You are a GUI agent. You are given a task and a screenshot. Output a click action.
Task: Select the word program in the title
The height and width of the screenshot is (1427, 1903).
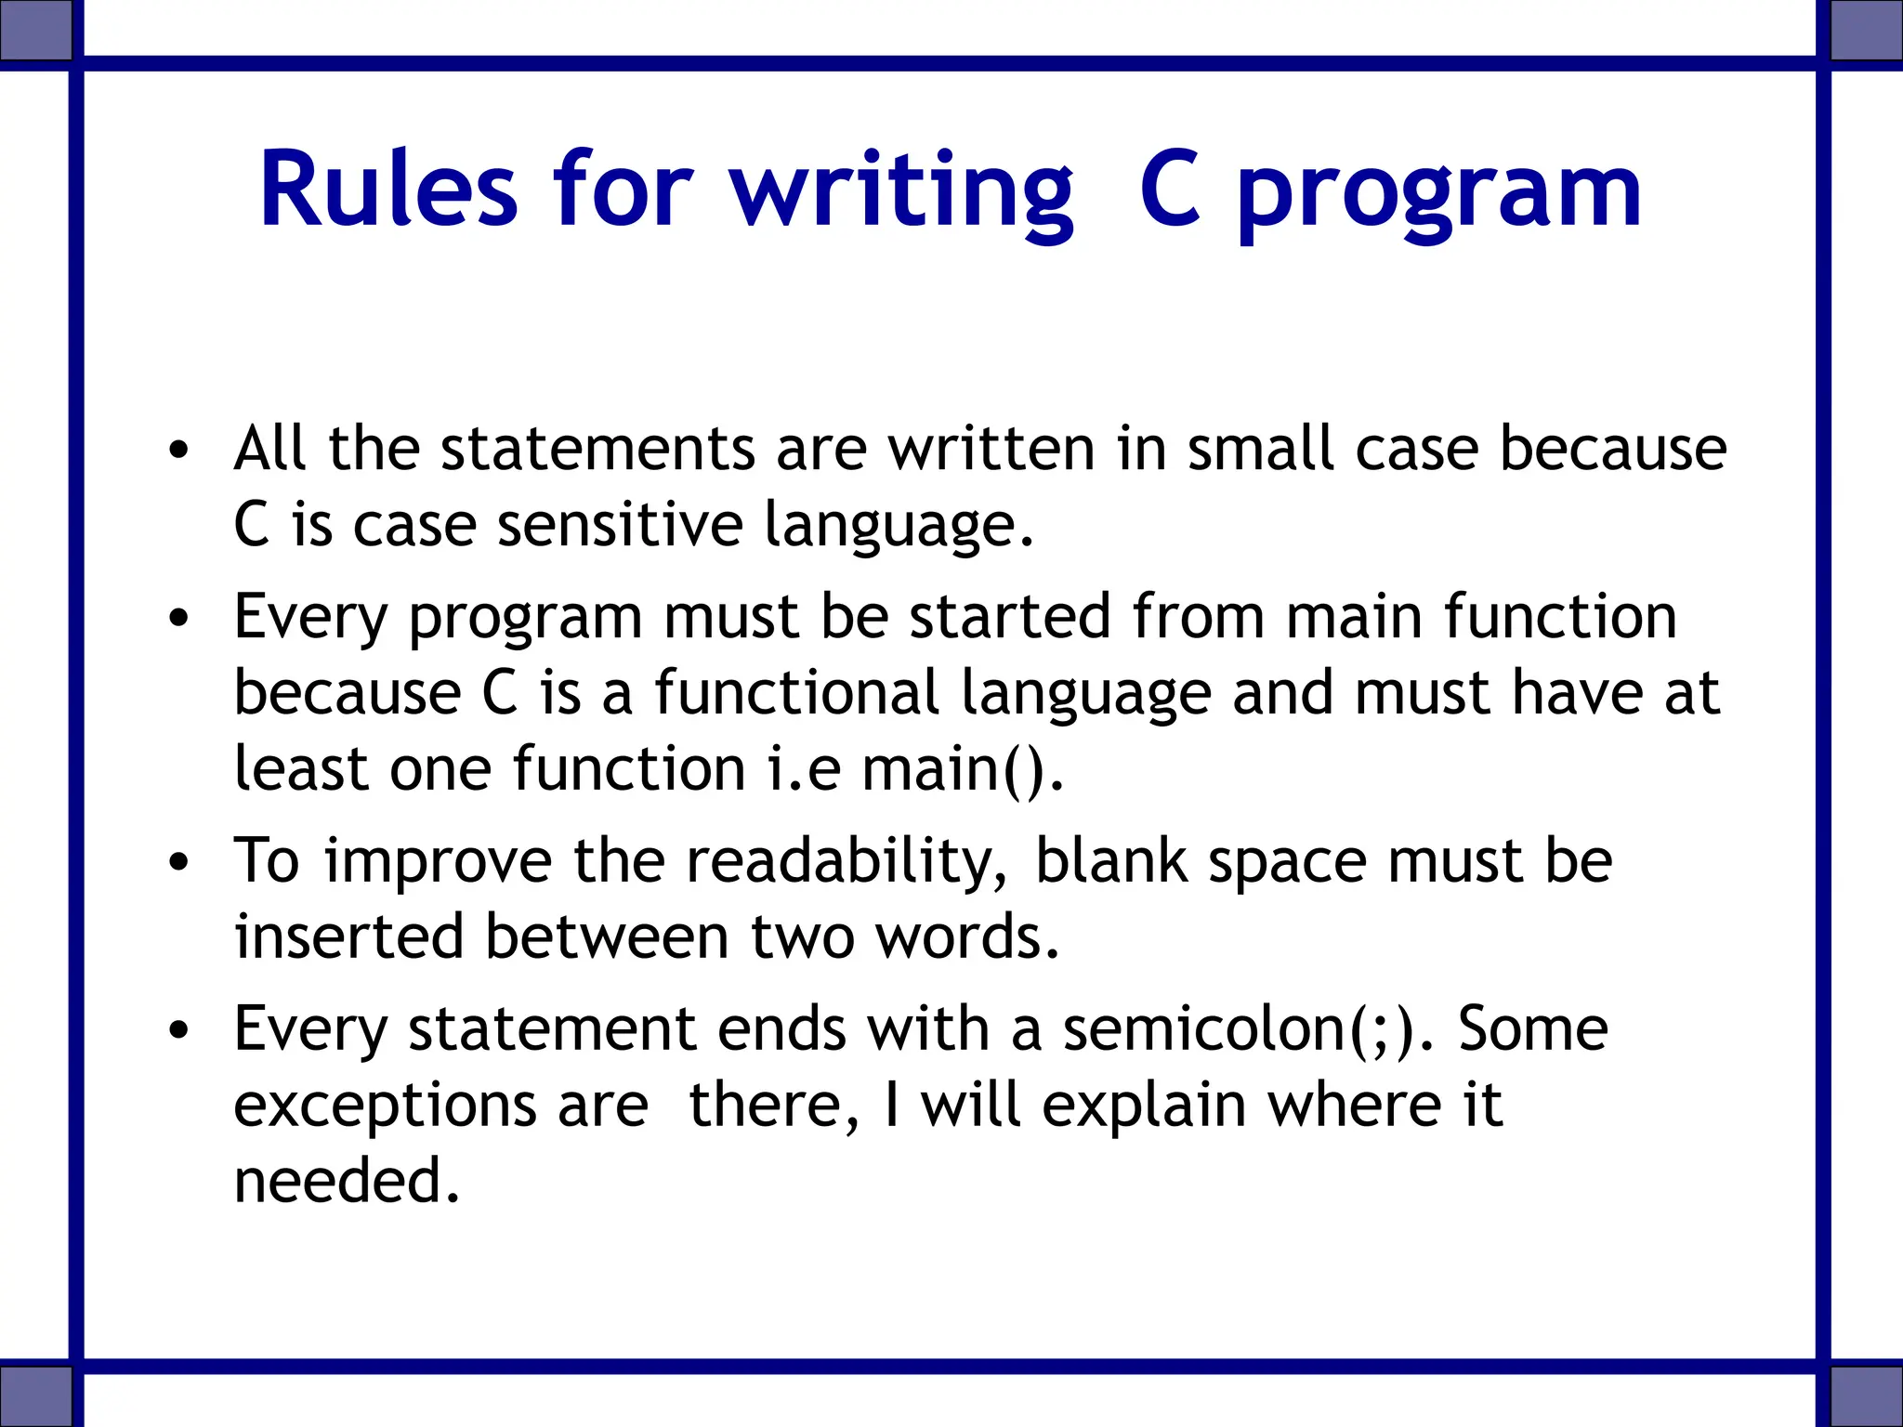(x=1439, y=195)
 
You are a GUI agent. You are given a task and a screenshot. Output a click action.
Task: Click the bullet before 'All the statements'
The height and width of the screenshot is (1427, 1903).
(x=179, y=452)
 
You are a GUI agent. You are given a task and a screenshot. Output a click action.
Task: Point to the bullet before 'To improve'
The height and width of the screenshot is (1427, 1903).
(x=179, y=863)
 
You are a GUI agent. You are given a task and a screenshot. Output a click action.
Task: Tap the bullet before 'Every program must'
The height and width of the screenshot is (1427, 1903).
(x=179, y=619)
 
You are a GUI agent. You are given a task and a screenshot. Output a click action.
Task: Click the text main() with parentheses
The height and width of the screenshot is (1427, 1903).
(x=961, y=770)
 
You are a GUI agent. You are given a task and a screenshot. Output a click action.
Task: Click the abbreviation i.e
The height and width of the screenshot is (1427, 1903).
(x=805, y=770)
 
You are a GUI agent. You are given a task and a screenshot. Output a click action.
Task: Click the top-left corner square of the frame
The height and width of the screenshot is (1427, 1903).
(x=35, y=29)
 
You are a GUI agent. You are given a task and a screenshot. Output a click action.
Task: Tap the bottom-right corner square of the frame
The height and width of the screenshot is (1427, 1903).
(x=1867, y=1395)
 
